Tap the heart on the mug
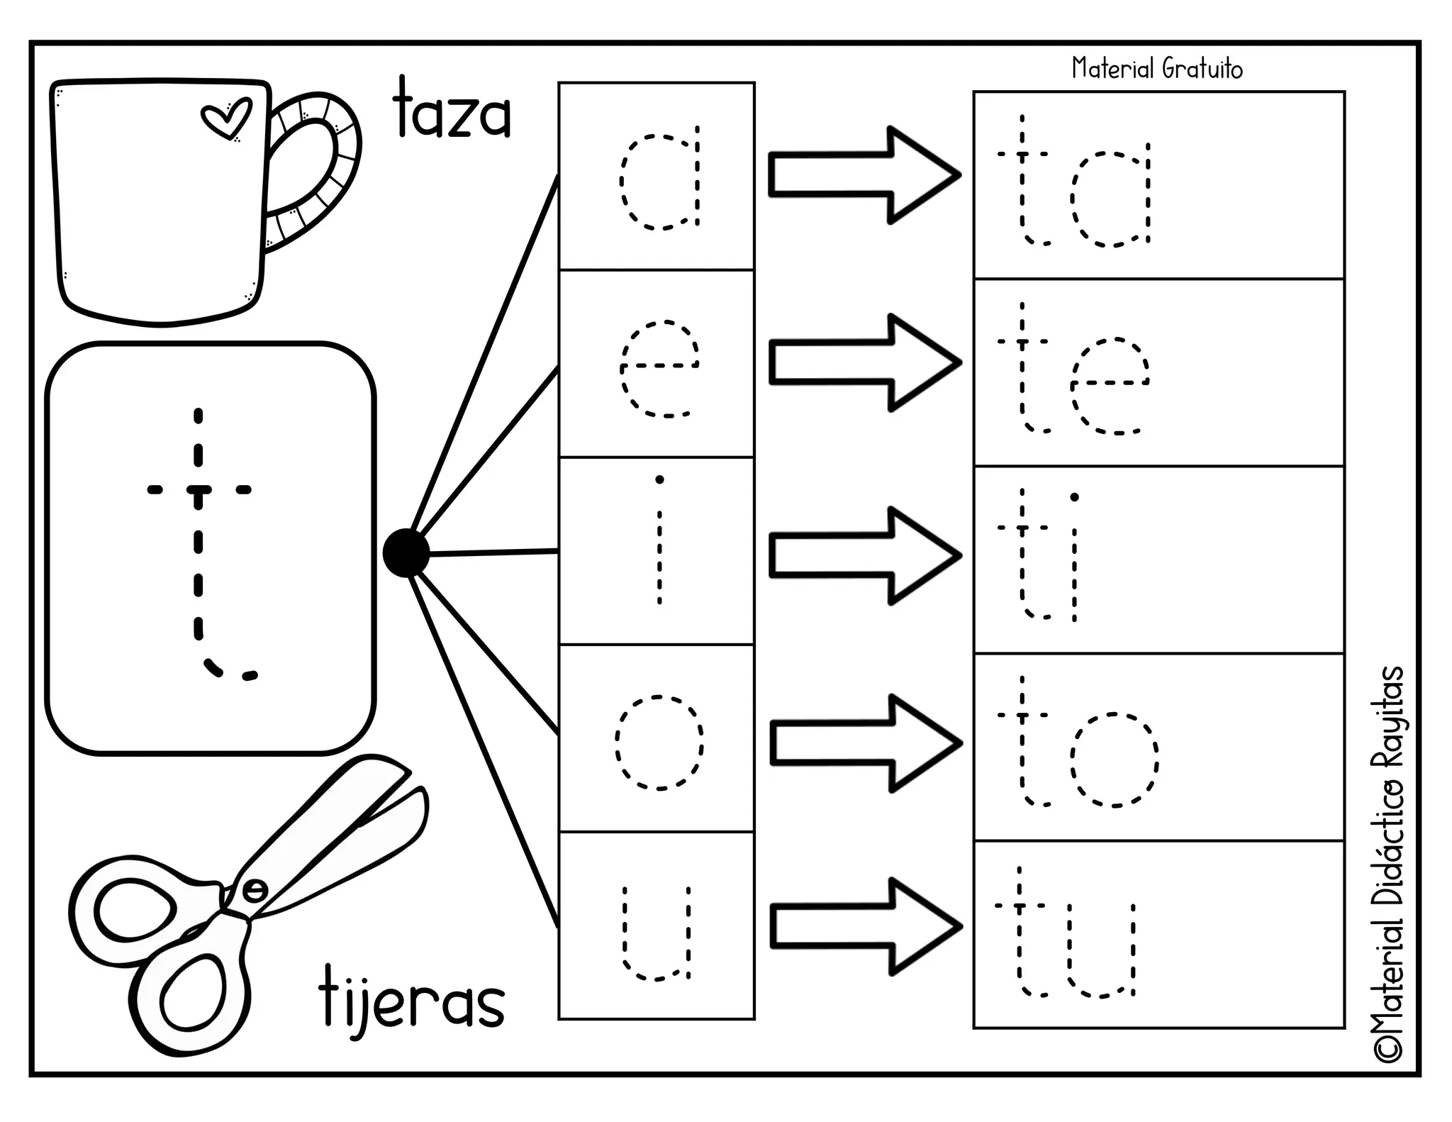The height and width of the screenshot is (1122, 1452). click(x=226, y=119)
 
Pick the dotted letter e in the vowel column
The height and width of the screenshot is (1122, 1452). click(x=659, y=369)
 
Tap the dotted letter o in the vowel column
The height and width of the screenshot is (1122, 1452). click(x=659, y=743)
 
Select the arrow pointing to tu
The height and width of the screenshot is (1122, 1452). click(x=865, y=926)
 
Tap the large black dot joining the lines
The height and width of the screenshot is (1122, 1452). click(x=406, y=553)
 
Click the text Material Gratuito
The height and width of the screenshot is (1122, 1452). click(x=1157, y=69)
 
